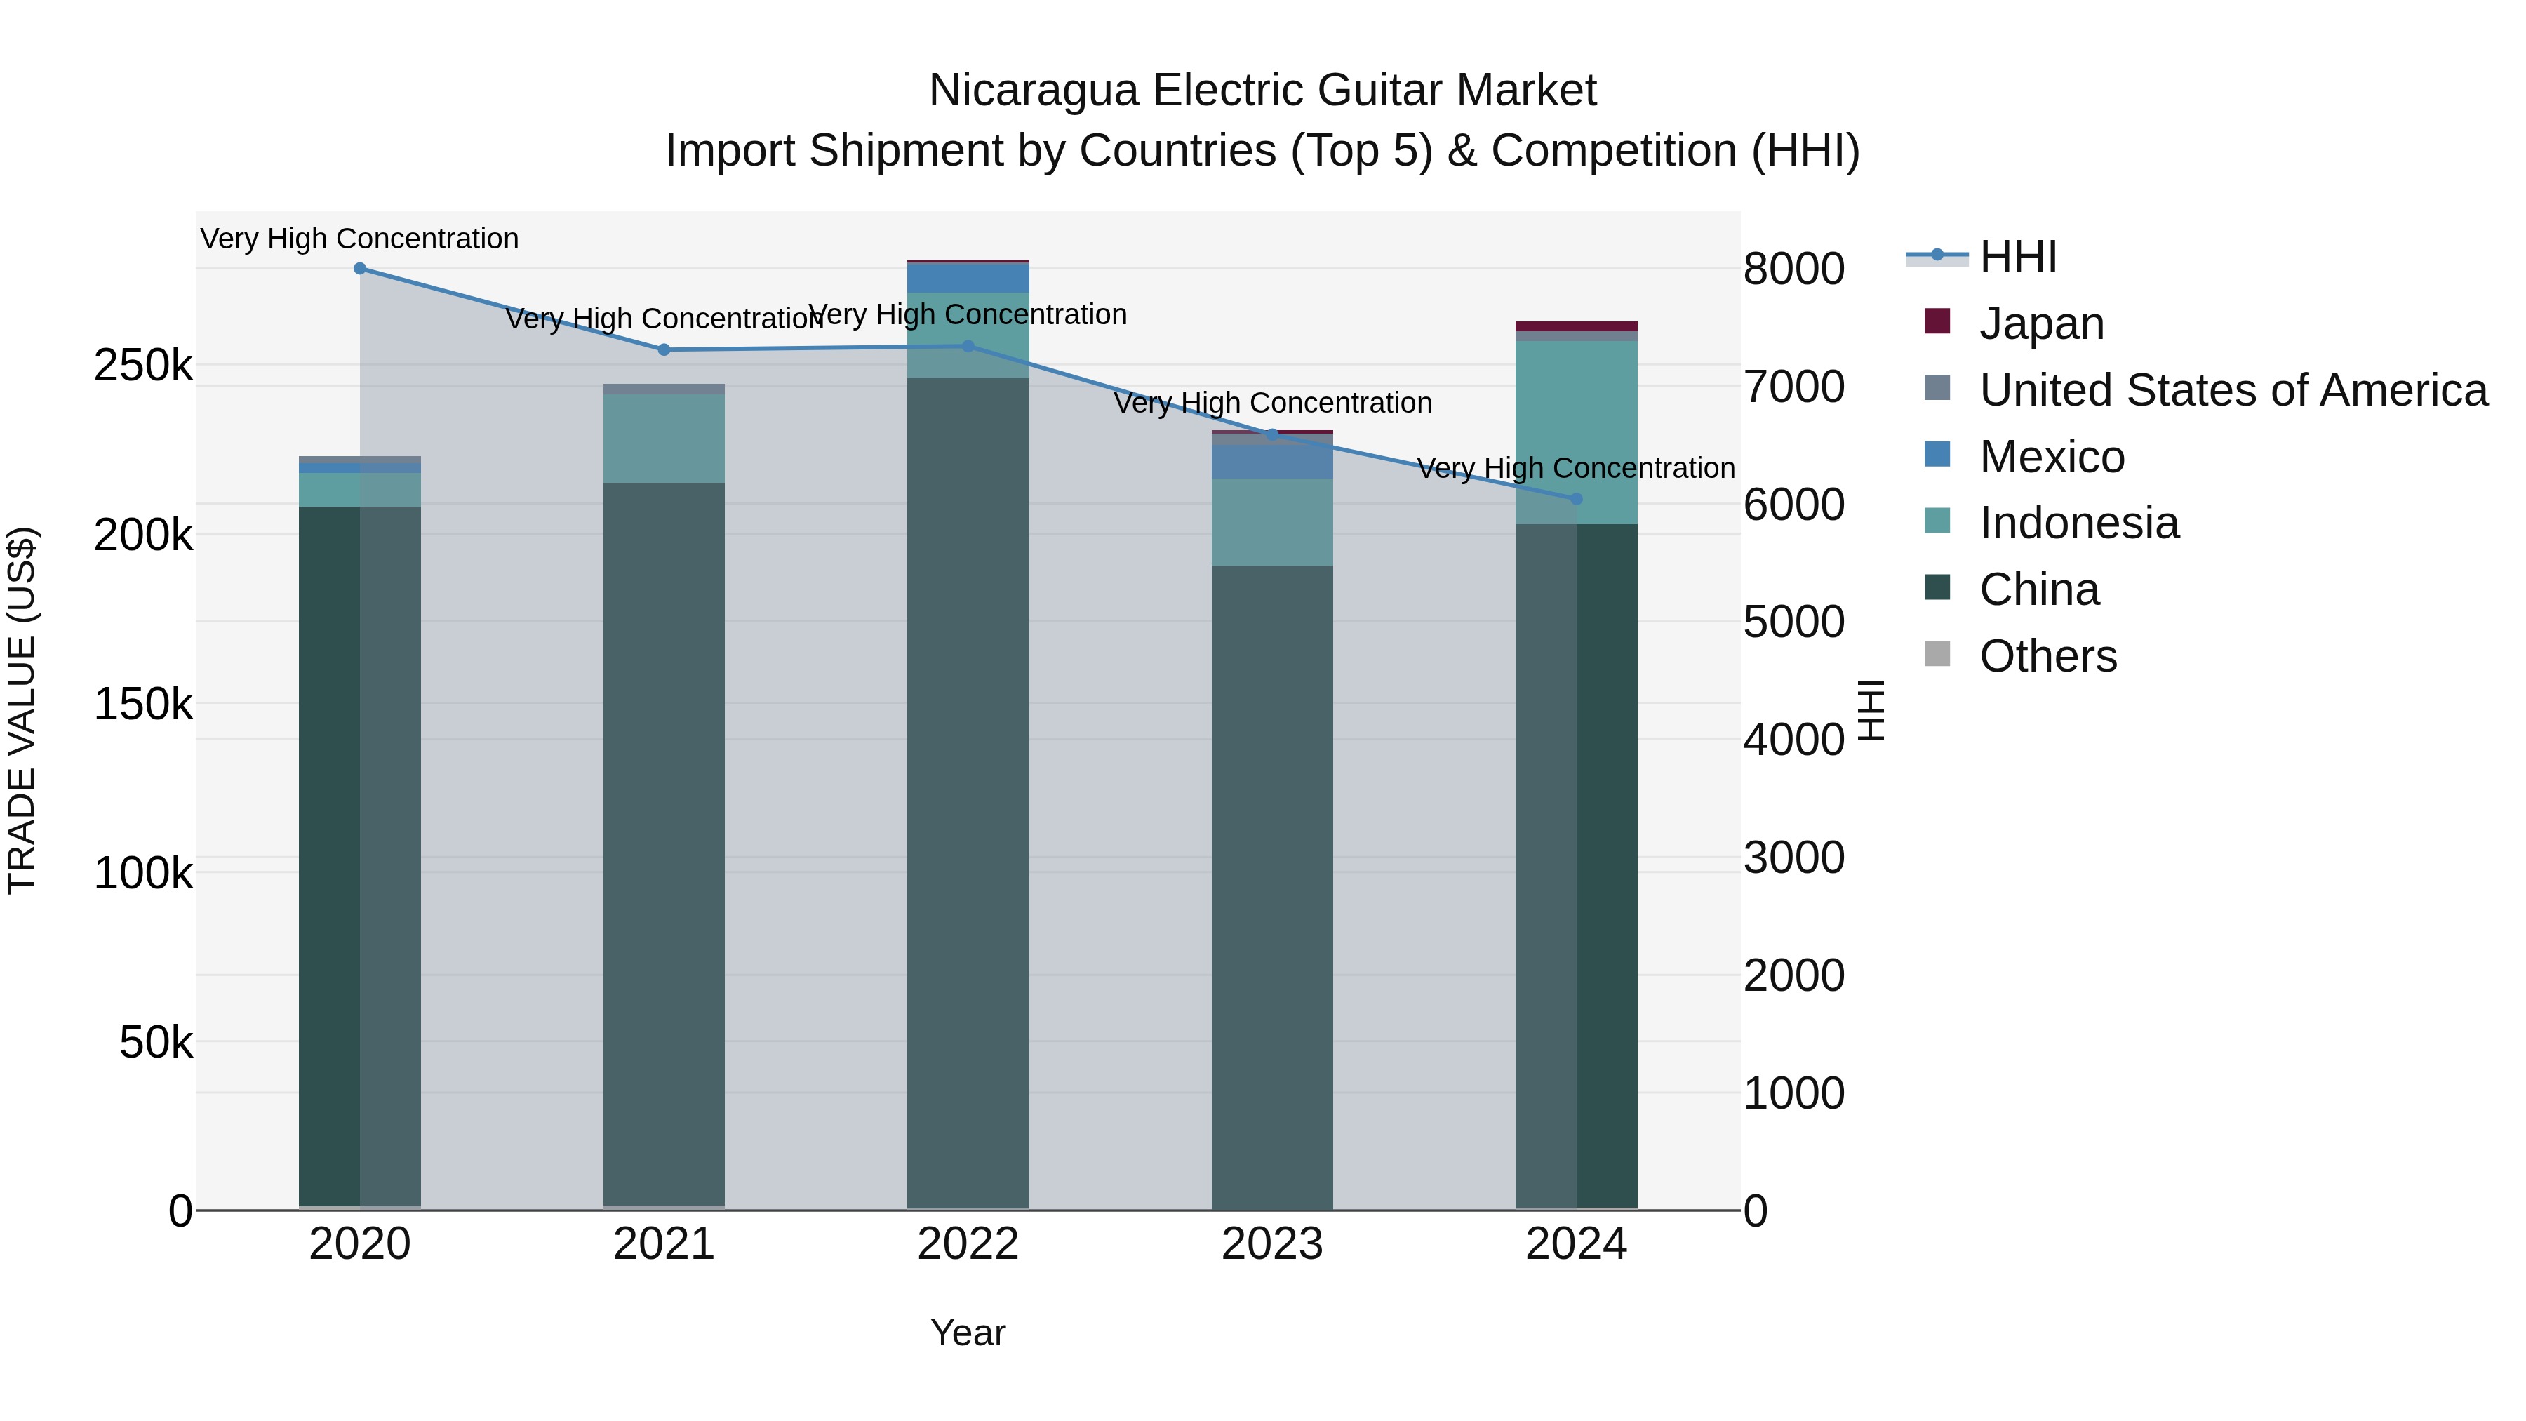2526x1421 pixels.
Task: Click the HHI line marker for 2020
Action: coord(360,269)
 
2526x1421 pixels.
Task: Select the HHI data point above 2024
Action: coord(1576,499)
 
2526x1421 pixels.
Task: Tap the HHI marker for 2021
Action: coord(664,350)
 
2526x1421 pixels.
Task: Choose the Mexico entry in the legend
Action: coord(2052,457)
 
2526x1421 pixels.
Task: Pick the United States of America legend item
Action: coord(2233,390)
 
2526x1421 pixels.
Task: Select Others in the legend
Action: coord(2047,656)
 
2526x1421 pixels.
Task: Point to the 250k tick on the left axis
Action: coord(143,366)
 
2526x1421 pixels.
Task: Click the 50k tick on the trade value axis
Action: coord(155,1043)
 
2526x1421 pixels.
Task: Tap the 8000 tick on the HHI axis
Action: coord(1793,269)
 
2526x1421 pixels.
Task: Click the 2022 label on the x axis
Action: coord(968,1244)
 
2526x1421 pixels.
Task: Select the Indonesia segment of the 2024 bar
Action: coord(1576,432)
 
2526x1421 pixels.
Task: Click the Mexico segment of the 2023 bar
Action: coord(1272,462)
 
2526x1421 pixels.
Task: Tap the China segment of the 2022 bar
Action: coord(968,785)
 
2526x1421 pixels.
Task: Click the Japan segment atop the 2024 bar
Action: coord(1576,326)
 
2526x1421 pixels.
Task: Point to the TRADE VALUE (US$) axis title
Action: coord(22,710)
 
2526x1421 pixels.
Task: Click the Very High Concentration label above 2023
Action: coord(1272,403)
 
